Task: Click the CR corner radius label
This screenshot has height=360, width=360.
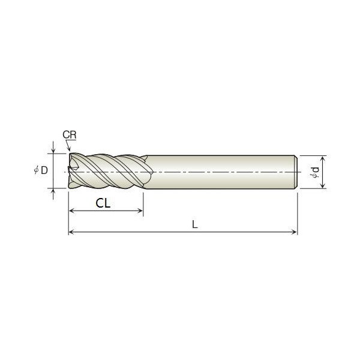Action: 69,136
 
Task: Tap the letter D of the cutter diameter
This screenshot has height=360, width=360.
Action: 44,171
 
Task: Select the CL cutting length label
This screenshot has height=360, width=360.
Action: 103,203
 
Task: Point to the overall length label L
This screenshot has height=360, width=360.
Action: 194,224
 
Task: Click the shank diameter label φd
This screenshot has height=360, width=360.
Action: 314,172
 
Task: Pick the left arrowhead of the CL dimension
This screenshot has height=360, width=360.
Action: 72,211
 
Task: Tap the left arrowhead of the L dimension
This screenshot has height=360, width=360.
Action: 72,232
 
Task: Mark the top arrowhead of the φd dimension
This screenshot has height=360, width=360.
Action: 323,158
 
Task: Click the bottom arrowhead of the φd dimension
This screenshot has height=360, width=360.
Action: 323,186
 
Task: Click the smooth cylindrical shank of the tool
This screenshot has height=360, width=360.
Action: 222,172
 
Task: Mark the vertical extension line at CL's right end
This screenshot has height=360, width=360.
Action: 143,201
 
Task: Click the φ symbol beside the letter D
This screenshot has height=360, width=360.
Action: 36,171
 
